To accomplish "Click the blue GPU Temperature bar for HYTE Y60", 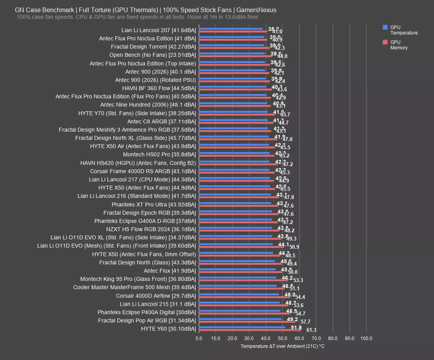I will click(242, 327).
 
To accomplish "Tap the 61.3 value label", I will click(311, 330).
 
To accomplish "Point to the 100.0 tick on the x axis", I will click(366, 338).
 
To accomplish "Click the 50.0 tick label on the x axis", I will click(283, 338).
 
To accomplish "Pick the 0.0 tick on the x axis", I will click(199, 338).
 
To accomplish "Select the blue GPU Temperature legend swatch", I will click(385, 28).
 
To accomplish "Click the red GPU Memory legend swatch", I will click(385, 42).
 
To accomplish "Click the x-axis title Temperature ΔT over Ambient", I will click(282, 346).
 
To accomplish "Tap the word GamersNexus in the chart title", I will click(256, 10).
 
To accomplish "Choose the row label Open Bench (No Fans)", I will click(153, 55).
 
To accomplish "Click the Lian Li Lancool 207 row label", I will click(159, 30).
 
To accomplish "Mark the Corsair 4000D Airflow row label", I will click(156, 296).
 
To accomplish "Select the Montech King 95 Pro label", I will click(138, 279).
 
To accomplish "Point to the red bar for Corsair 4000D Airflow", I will click(244, 297).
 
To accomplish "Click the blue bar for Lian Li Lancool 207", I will click(231, 29).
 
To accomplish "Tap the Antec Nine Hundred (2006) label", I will click(148, 105).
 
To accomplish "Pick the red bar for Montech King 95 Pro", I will click(243, 280).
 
